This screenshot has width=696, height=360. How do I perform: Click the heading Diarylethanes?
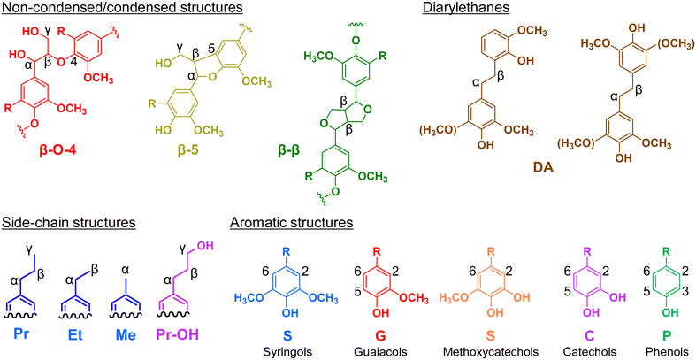[x=458, y=8]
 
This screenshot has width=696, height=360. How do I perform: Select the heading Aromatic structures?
[x=291, y=221]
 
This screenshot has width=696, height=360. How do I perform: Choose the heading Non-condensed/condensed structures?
[x=122, y=8]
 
